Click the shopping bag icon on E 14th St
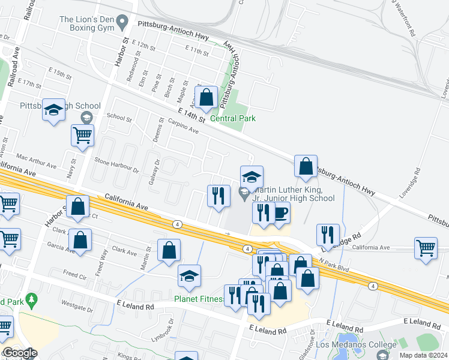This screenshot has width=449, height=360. coord(206,98)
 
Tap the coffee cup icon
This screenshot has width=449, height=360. coord(280,213)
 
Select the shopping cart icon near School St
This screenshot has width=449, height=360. coord(82,135)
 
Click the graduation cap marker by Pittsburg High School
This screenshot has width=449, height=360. coord(54,110)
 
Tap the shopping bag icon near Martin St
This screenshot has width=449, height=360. coord(169,250)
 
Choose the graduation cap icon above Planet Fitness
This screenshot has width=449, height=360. coord(189,275)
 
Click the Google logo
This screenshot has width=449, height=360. coord(19,353)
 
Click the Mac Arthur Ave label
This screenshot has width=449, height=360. coord(36,161)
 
